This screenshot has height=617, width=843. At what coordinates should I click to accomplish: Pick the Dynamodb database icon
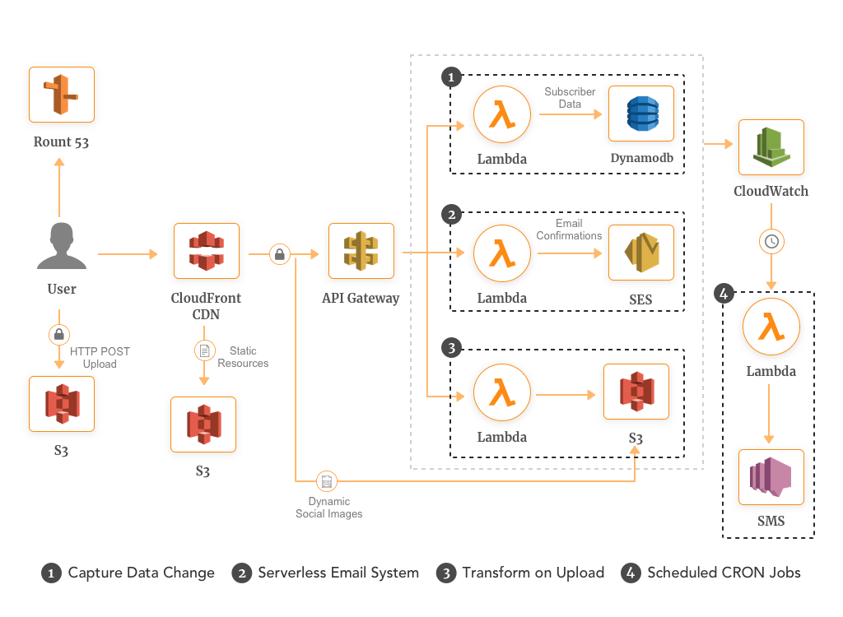click(x=641, y=114)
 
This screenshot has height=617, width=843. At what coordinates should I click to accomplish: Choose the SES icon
click(x=641, y=252)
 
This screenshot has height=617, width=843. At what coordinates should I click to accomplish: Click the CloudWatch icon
click(x=771, y=147)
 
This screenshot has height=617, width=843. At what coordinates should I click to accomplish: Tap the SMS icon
click(x=771, y=477)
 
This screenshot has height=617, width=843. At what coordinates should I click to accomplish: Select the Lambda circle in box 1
click(x=502, y=114)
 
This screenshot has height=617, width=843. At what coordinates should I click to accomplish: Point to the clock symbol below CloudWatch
click(x=771, y=242)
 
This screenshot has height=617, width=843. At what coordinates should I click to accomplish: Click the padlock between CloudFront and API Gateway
click(x=280, y=255)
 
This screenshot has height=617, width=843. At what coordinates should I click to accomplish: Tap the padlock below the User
click(x=59, y=335)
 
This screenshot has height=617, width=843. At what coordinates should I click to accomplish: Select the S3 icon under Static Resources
click(x=203, y=424)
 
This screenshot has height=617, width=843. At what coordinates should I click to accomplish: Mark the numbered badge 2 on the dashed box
click(x=450, y=215)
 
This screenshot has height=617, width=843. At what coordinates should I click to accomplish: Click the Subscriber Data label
click(x=570, y=98)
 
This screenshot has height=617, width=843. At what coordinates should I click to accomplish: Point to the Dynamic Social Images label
click(x=329, y=508)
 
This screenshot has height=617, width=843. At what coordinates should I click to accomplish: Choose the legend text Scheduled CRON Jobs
click(x=724, y=573)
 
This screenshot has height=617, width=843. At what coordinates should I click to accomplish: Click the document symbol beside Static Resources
click(x=203, y=350)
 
